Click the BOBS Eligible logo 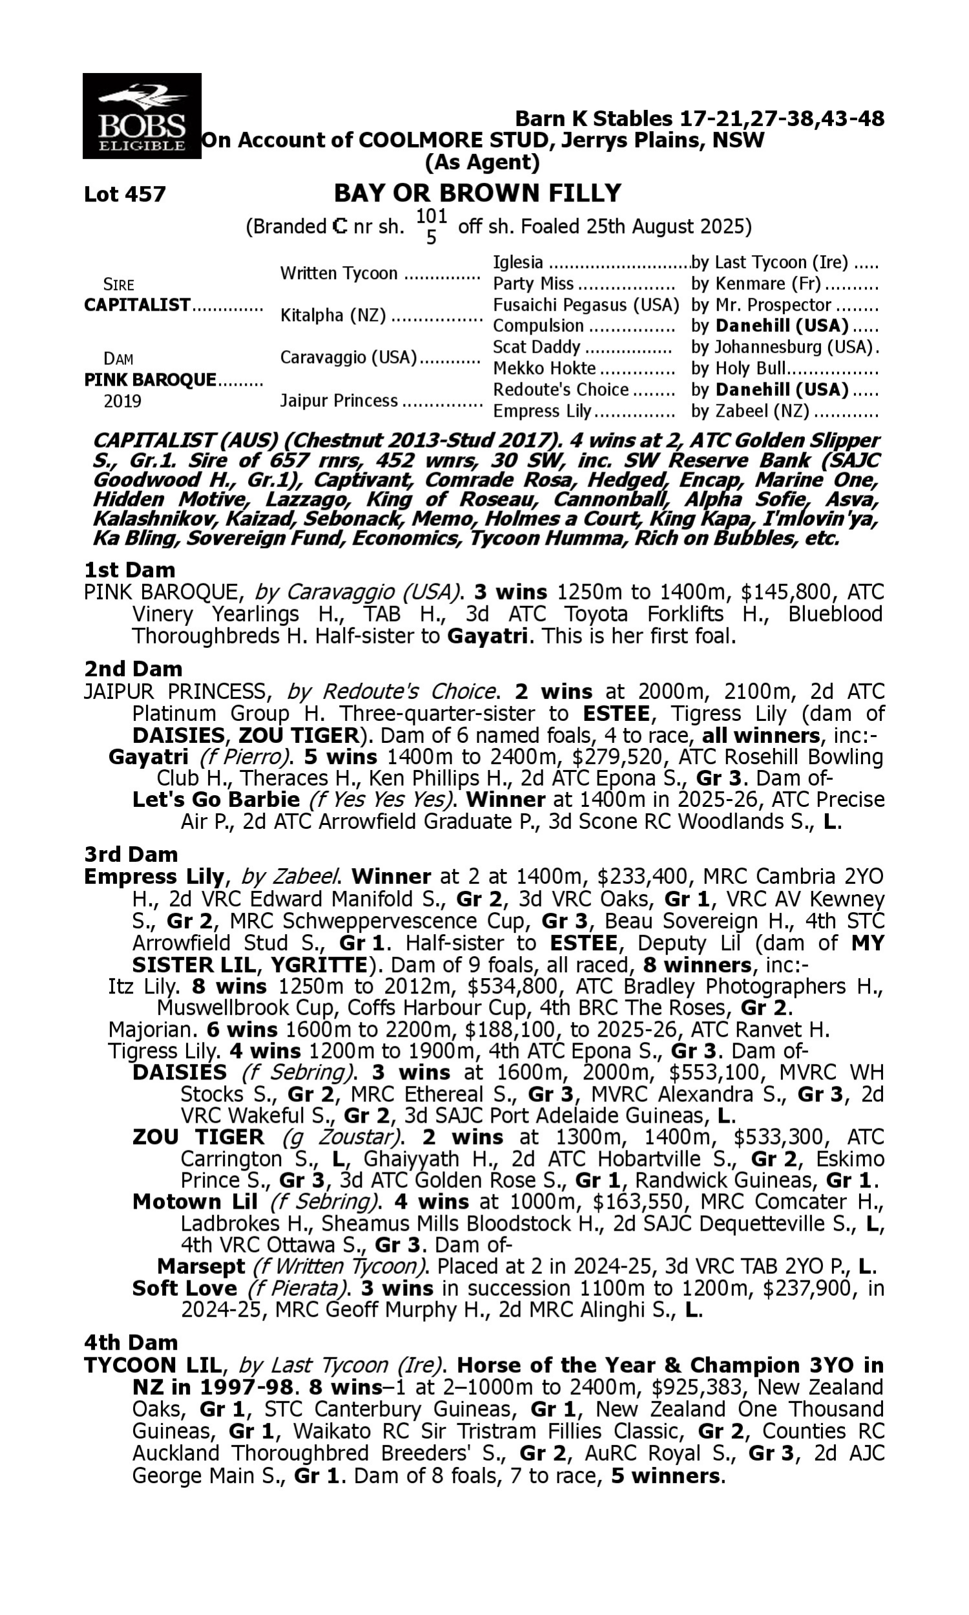141,116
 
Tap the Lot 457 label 125,194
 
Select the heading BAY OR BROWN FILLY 477,193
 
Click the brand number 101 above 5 431,216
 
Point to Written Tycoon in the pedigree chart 339,273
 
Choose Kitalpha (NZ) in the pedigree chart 333,315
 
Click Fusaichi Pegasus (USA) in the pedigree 586,305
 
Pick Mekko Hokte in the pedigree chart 544,368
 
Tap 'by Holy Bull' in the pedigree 738,368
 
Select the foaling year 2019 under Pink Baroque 123,401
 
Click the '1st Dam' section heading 129,570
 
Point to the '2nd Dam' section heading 133,669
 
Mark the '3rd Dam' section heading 131,854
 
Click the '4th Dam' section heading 131,1342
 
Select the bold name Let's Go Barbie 216,800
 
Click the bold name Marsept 201,1266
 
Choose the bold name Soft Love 184,1288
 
